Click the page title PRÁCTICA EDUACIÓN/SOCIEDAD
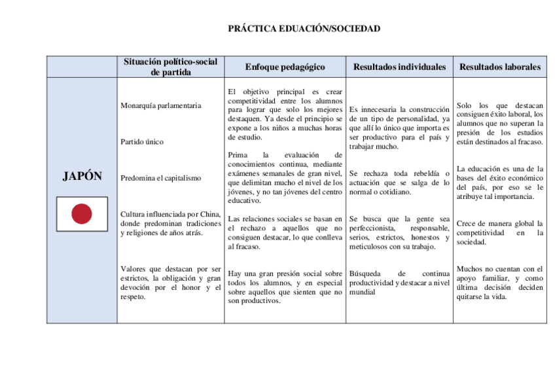click(304, 29)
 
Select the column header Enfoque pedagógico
click(285, 67)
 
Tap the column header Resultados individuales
click(399, 67)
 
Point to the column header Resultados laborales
click(500, 67)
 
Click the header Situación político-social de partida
click(170, 67)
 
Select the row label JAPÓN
click(82, 176)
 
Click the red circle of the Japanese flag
click(82, 213)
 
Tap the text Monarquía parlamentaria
click(161, 105)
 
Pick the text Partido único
click(142, 141)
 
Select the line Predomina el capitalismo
click(161, 178)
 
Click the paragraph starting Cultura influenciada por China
click(170, 223)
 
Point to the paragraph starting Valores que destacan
click(170, 283)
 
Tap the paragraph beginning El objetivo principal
click(285, 115)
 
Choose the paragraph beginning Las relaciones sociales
click(285, 232)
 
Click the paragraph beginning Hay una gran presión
click(285, 287)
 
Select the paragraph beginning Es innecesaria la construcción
click(399, 128)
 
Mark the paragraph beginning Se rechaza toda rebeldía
click(399, 183)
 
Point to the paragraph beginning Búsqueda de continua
click(399, 282)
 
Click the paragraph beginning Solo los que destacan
click(500, 123)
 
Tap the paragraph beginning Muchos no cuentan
click(500, 282)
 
